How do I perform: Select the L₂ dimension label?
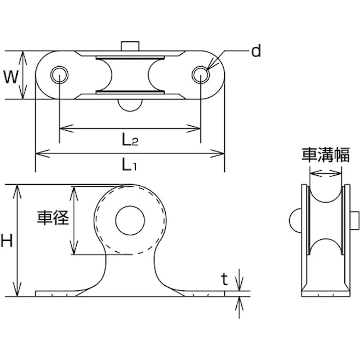click(x=130, y=140)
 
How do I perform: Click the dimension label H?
click(x=7, y=241)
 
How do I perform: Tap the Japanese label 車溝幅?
click(x=325, y=154)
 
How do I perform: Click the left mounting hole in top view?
click(x=60, y=74)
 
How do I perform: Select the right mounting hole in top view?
click(x=201, y=74)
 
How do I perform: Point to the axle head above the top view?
click(x=129, y=46)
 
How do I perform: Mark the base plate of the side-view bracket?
click(x=325, y=291)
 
